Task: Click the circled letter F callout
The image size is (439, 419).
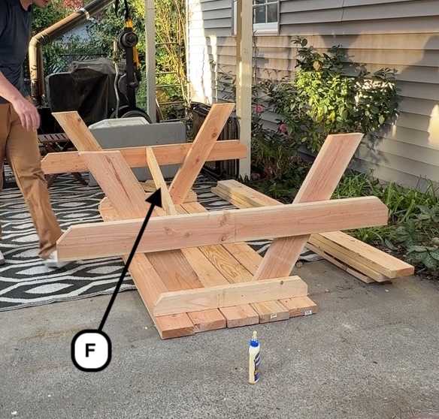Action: (91, 350)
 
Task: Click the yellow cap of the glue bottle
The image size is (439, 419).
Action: (255, 335)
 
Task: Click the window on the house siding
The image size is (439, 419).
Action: (265, 14)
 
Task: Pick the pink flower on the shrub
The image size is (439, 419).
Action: (283, 128)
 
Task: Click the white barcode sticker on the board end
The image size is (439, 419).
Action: (309, 312)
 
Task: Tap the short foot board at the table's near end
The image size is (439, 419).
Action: (231, 295)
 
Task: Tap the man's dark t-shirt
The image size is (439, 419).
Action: (14, 46)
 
